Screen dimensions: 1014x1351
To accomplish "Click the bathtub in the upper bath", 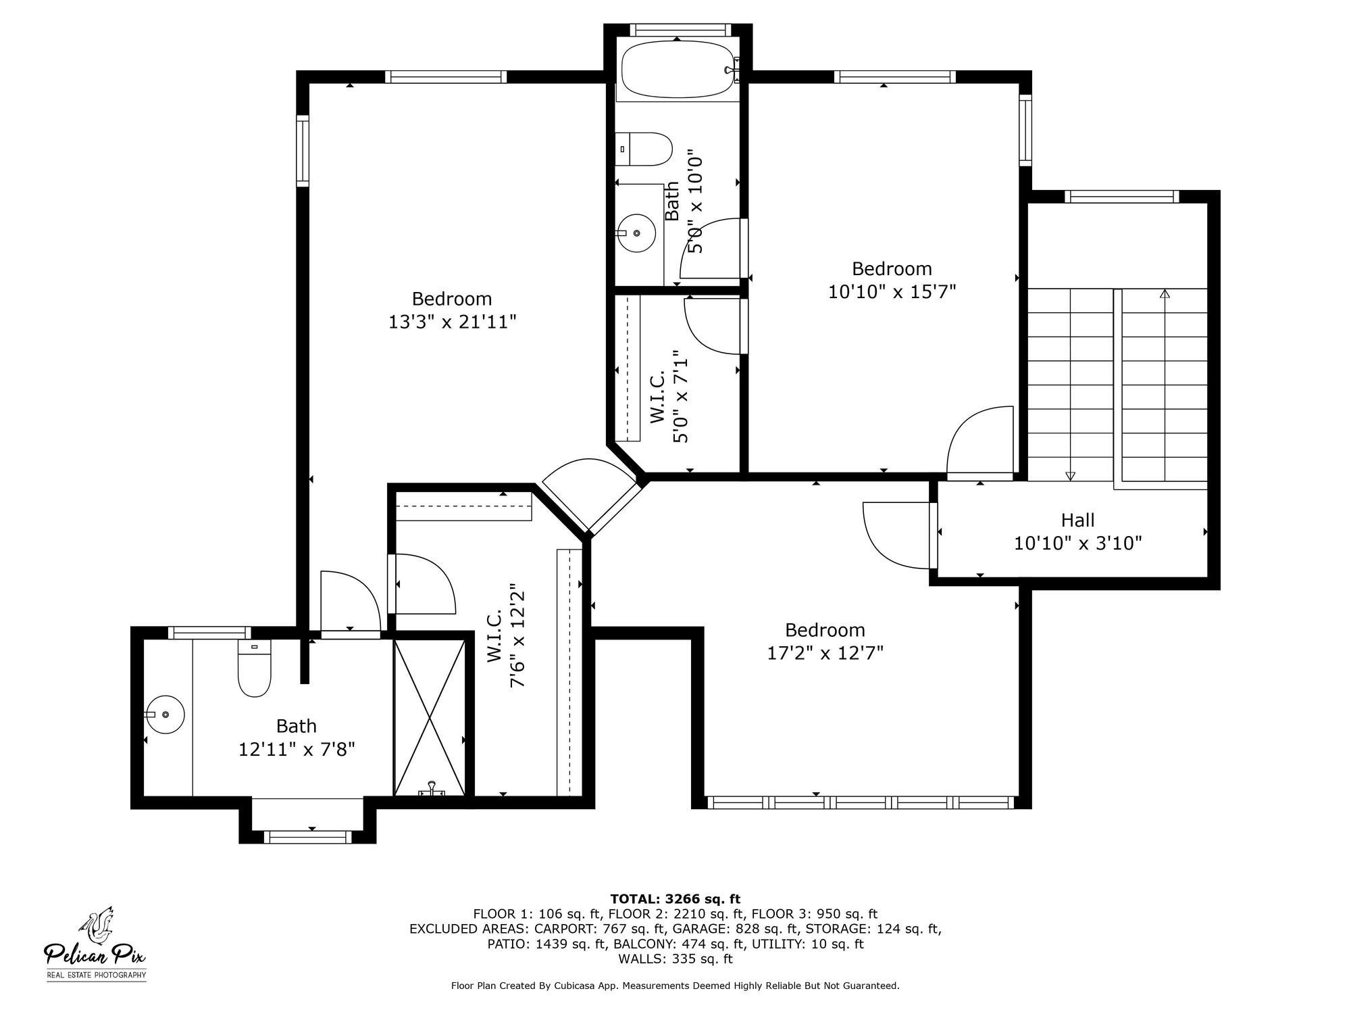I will (678, 70).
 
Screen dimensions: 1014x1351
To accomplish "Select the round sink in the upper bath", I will (636, 233).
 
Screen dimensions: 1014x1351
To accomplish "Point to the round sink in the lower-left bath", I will (165, 715).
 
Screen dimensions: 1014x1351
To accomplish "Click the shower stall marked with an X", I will (430, 718).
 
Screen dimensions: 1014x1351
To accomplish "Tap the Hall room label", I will (1077, 521).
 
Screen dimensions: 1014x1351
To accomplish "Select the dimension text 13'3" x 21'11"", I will (452, 322).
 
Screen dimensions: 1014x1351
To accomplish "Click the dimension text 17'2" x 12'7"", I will (825, 653).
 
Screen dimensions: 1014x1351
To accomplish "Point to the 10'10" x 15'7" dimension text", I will (892, 292).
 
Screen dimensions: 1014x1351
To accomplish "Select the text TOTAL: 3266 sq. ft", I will (675, 899).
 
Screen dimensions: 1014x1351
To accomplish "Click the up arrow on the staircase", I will (1165, 295).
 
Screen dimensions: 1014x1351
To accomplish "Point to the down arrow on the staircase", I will (1070, 475).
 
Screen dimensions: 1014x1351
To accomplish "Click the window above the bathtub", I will (680, 30).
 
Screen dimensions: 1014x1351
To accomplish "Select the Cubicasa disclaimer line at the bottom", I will (675, 986).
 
